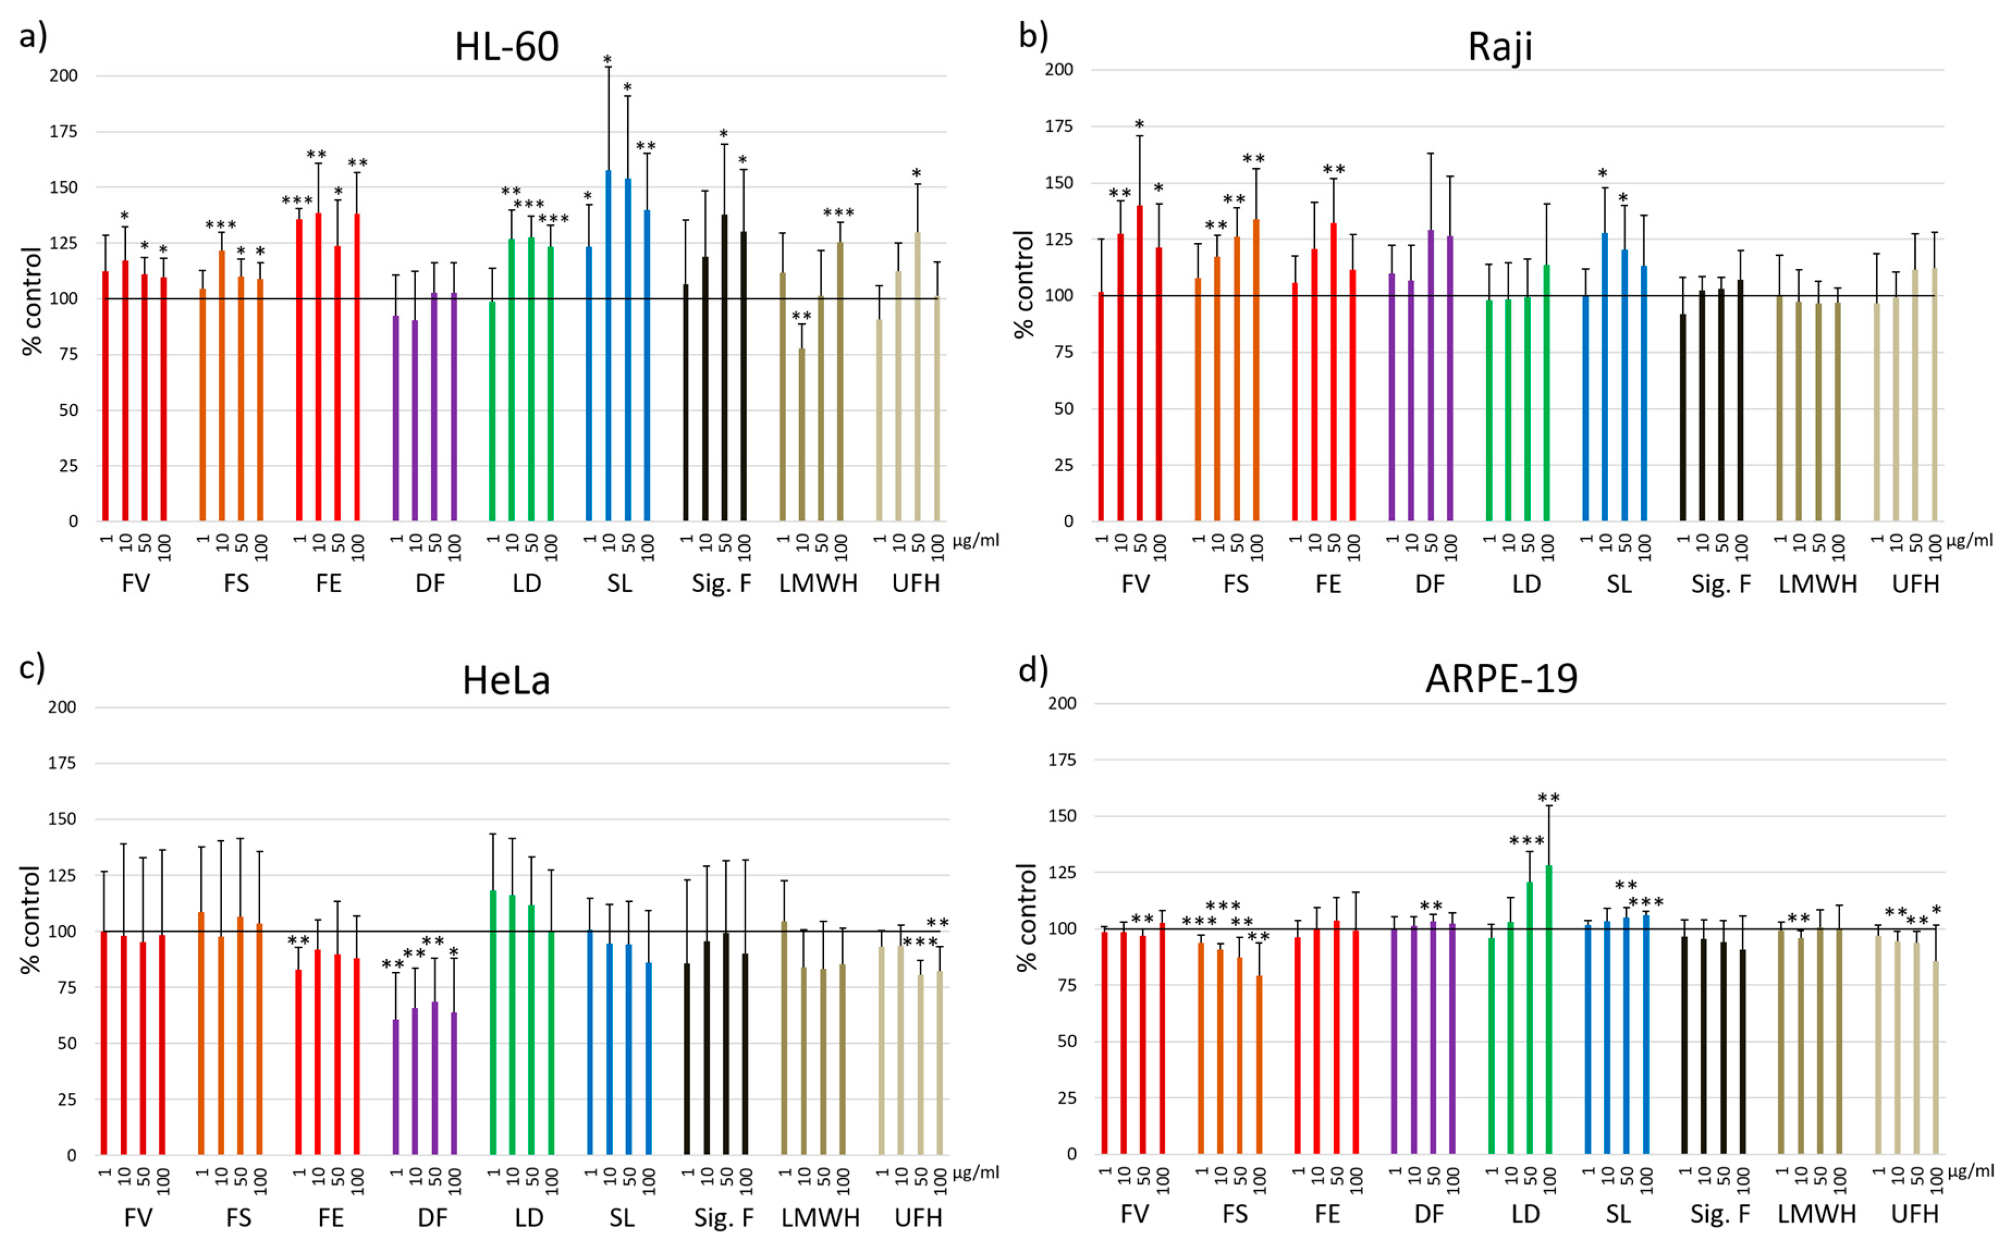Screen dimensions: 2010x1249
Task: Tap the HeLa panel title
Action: click(x=506, y=681)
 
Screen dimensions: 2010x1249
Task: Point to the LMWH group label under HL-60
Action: click(x=818, y=583)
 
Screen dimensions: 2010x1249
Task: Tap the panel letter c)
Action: click(x=32, y=667)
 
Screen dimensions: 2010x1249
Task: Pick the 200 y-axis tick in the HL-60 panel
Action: click(x=64, y=76)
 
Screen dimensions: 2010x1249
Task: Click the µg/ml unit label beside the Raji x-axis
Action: click(x=1969, y=541)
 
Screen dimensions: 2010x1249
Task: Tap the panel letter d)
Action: click(x=1033, y=668)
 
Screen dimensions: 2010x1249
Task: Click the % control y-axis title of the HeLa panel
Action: click(x=30, y=919)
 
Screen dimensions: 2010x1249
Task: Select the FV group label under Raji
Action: click(x=1135, y=584)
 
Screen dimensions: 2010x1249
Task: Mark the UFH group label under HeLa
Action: click(x=918, y=1217)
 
